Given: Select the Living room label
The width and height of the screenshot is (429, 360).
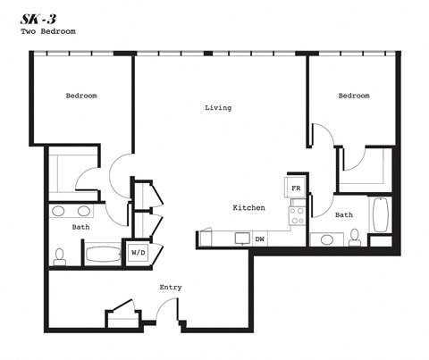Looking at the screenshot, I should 218,108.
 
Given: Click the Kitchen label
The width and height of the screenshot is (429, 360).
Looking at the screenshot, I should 248,207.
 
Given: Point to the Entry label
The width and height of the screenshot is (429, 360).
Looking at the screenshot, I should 171,287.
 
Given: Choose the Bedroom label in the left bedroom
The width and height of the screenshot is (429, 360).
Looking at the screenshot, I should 81,96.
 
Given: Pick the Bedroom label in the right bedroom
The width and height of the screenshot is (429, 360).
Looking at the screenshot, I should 353,96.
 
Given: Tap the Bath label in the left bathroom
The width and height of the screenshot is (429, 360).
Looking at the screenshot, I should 80,227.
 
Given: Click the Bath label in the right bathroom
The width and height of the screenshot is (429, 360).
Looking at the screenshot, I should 344,215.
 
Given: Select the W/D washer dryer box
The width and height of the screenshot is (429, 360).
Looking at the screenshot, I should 139,253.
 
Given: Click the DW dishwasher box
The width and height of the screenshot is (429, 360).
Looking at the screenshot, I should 260,239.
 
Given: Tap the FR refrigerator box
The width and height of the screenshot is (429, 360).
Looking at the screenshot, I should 296,188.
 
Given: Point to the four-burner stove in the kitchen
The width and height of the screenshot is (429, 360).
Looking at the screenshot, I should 297,214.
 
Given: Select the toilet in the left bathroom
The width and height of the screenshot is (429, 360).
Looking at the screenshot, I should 60,256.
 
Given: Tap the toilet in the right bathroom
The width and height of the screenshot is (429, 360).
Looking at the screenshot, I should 355,237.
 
